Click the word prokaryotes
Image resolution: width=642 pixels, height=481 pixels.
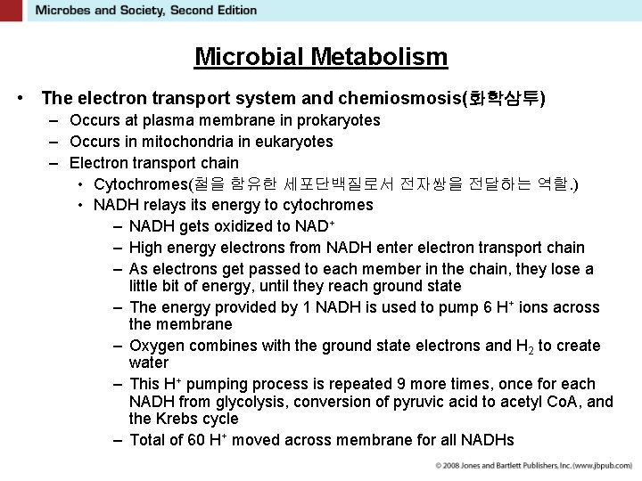tap(337, 120)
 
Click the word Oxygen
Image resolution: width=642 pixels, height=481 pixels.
tap(156, 346)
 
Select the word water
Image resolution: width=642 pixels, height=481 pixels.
tap(149, 363)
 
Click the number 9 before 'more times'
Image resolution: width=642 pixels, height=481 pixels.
tap(401, 384)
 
